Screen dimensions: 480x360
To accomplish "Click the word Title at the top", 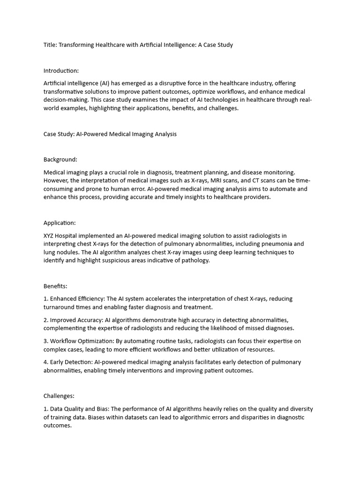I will pos(50,45).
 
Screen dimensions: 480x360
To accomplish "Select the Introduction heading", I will pos(61,71).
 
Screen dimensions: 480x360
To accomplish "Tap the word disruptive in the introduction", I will pos(181,83).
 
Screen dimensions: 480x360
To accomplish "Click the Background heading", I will pos(60,160).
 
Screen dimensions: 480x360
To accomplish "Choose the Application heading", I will pos(60,223).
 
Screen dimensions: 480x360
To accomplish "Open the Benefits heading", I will pos(56,286).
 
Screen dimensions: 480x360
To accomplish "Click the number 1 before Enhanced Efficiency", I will pos(45,299).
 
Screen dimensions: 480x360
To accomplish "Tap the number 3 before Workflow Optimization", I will pos(45,341).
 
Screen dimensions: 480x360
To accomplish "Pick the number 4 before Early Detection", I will pos(45,362).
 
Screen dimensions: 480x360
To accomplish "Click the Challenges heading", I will pos(59,396).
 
